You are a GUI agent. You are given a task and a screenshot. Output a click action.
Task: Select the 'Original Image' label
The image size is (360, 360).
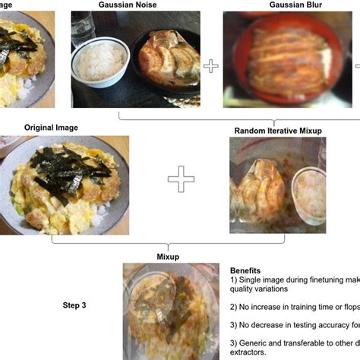[x=51, y=128]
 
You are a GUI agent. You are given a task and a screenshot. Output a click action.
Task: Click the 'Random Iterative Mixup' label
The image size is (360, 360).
[x=277, y=131]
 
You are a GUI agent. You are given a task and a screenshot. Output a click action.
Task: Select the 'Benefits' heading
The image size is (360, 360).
[x=245, y=270]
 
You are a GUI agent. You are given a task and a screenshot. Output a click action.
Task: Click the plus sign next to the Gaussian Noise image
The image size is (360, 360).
[x=210, y=65]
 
